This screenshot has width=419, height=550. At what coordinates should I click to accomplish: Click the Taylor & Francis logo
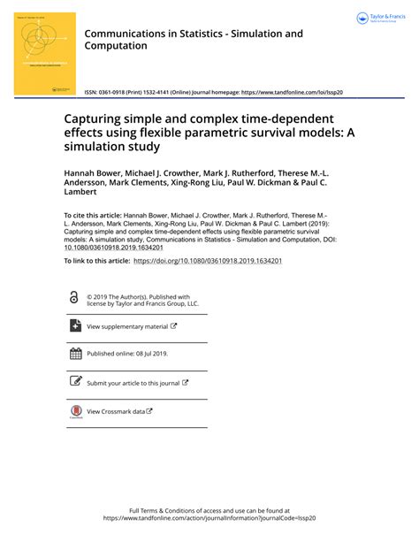click(383, 18)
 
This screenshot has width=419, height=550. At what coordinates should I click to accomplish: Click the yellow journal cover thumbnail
click(44, 49)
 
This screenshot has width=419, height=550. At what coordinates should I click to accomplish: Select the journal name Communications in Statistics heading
click(193, 39)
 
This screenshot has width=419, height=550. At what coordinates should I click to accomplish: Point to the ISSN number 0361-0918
click(118, 92)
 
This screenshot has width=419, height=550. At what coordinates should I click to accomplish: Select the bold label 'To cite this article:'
click(93, 215)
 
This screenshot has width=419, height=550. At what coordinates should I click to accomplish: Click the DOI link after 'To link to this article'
click(207, 262)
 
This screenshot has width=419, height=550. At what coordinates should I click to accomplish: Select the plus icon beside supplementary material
click(75, 326)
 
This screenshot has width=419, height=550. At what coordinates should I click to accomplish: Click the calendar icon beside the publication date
click(75, 354)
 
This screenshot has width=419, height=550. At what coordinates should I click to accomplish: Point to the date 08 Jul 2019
click(147, 354)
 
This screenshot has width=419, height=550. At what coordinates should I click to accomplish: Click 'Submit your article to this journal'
click(133, 383)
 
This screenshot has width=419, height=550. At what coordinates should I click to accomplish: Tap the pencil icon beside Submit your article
click(75, 383)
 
